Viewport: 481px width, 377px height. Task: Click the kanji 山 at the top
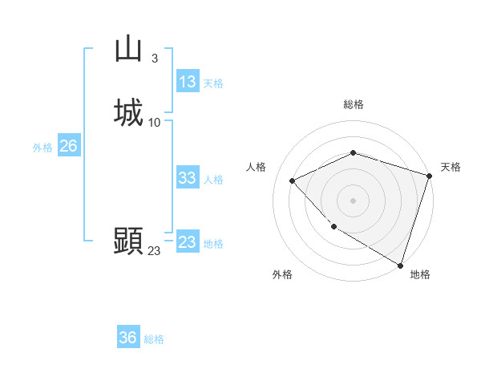pos(129,49)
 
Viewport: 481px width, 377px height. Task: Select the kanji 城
pos(129,111)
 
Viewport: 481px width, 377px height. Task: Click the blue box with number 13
pos(188,82)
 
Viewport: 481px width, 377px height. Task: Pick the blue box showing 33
pos(188,178)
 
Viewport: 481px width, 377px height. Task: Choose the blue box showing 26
pos(69,146)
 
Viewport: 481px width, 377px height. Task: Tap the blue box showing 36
pos(128,338)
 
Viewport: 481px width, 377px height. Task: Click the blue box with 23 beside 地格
pos(188,242)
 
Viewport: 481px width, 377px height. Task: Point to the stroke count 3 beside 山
pos(154,58)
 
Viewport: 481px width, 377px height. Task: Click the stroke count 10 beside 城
pos(155,122)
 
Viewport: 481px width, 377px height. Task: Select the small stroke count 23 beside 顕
pos(154,251)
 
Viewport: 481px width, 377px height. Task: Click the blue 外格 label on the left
pos(42,148)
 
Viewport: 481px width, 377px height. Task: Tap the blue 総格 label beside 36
pos(154,340)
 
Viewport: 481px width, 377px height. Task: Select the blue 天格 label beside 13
pos(213,83)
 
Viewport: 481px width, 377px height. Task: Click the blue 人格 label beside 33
pos(213,180)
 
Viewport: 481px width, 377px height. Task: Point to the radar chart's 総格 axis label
pos(354,105)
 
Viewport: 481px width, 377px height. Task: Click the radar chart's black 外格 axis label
pos(282,275)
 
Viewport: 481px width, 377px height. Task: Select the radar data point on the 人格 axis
pos(293,180)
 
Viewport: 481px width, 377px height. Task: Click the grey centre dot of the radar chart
pos(354,200)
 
